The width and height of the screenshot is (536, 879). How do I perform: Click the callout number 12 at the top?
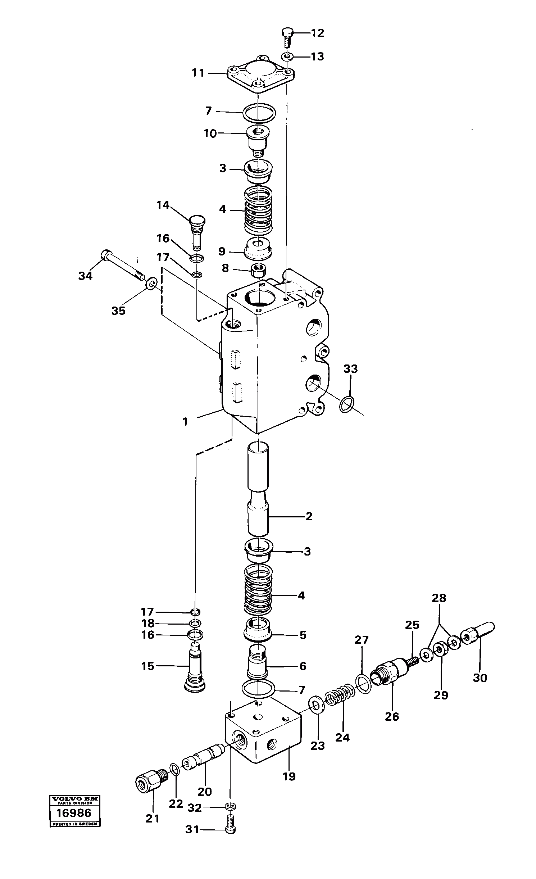(x=317, y=33)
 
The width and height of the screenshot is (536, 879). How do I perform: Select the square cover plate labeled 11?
(x=260, y=75)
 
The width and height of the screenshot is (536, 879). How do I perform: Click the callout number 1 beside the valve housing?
(x=185, y=421)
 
